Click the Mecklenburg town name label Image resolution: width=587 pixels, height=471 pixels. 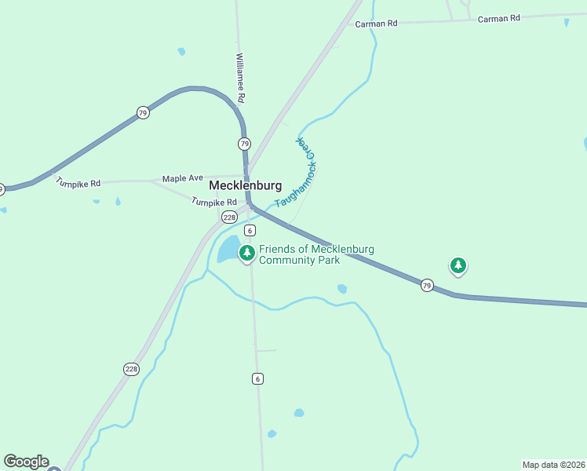coord(245,186)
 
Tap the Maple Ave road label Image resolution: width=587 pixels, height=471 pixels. coord(183,179)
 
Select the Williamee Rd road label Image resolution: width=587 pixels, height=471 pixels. coord(241,78)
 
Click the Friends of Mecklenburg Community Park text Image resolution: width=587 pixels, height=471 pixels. coord(316,254)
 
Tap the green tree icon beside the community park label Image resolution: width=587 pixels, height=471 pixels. coord(247,253)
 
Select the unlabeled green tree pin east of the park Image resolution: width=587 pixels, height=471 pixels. coord(458,265)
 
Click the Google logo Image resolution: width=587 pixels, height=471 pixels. coord(26,462)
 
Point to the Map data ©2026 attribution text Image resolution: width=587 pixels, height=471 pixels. coord(553,465)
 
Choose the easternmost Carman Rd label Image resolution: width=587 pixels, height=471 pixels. coord(499,18)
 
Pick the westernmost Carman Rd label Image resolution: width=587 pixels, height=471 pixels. coord(376,24)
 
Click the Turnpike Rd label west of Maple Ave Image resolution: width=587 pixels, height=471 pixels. coord(78,183)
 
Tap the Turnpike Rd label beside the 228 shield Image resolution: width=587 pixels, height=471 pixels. coord(213,202)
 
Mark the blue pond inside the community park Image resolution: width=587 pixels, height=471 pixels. coord(228,251)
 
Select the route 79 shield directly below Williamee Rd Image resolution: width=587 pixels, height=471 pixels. coord(245,144)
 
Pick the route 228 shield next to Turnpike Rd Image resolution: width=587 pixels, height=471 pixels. coord(229,217)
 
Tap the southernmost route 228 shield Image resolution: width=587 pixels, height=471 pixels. coord(132,369)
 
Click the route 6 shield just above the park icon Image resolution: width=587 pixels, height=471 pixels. coord(250,230)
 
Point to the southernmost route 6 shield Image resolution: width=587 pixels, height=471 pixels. coord(257,378)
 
